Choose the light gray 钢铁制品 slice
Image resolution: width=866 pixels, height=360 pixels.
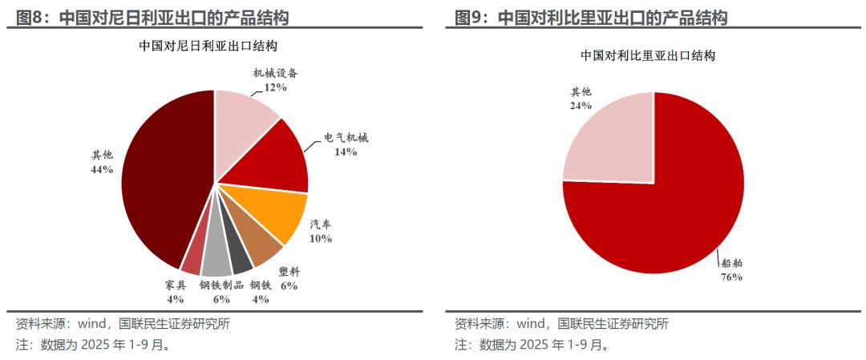(x=216, y=264)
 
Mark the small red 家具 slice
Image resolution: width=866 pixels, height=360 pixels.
(x=193, y=257)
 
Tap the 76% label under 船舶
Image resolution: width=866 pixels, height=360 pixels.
(x=731, y=277)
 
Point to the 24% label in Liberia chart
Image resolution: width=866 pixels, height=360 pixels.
(x=581, y=105)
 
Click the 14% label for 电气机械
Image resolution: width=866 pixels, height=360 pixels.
(x=346, y=152)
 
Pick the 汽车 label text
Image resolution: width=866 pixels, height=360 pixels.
(x=321, y=224)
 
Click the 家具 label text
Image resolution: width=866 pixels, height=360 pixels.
(x=176, y=285)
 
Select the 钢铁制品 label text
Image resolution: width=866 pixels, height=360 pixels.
(x=221, y=285)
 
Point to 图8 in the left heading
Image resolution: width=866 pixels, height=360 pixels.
(x=32, y=18)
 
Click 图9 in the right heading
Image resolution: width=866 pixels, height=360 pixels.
(x=470, y=18)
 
